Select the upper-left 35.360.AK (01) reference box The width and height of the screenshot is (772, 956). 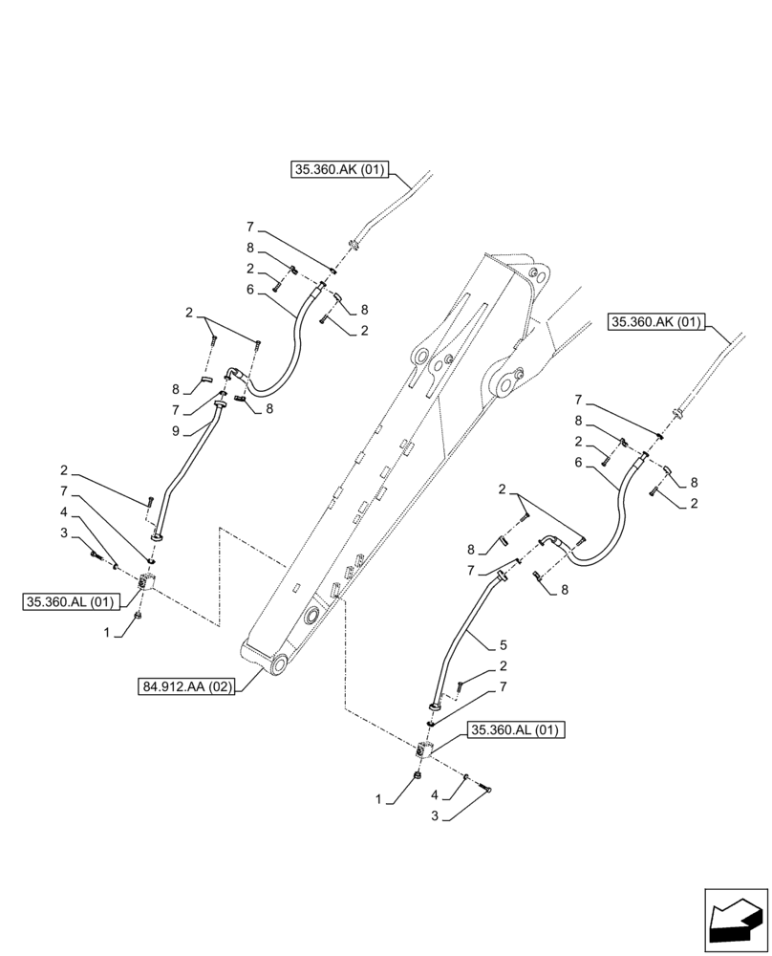click(x=338, y=171)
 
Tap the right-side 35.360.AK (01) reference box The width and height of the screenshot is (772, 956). click(x=655, y=322)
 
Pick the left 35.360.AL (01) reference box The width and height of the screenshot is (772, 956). click(x=70, y=601)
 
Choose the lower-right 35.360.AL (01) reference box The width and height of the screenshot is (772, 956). click(x=517, y=731)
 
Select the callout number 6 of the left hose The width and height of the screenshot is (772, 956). click(x=251, y=288)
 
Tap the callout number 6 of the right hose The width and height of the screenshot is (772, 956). click(x=579, y=462)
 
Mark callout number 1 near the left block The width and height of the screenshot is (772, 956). click(x=109, y=633)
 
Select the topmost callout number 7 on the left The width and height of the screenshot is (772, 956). click(x=250, y=228)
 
